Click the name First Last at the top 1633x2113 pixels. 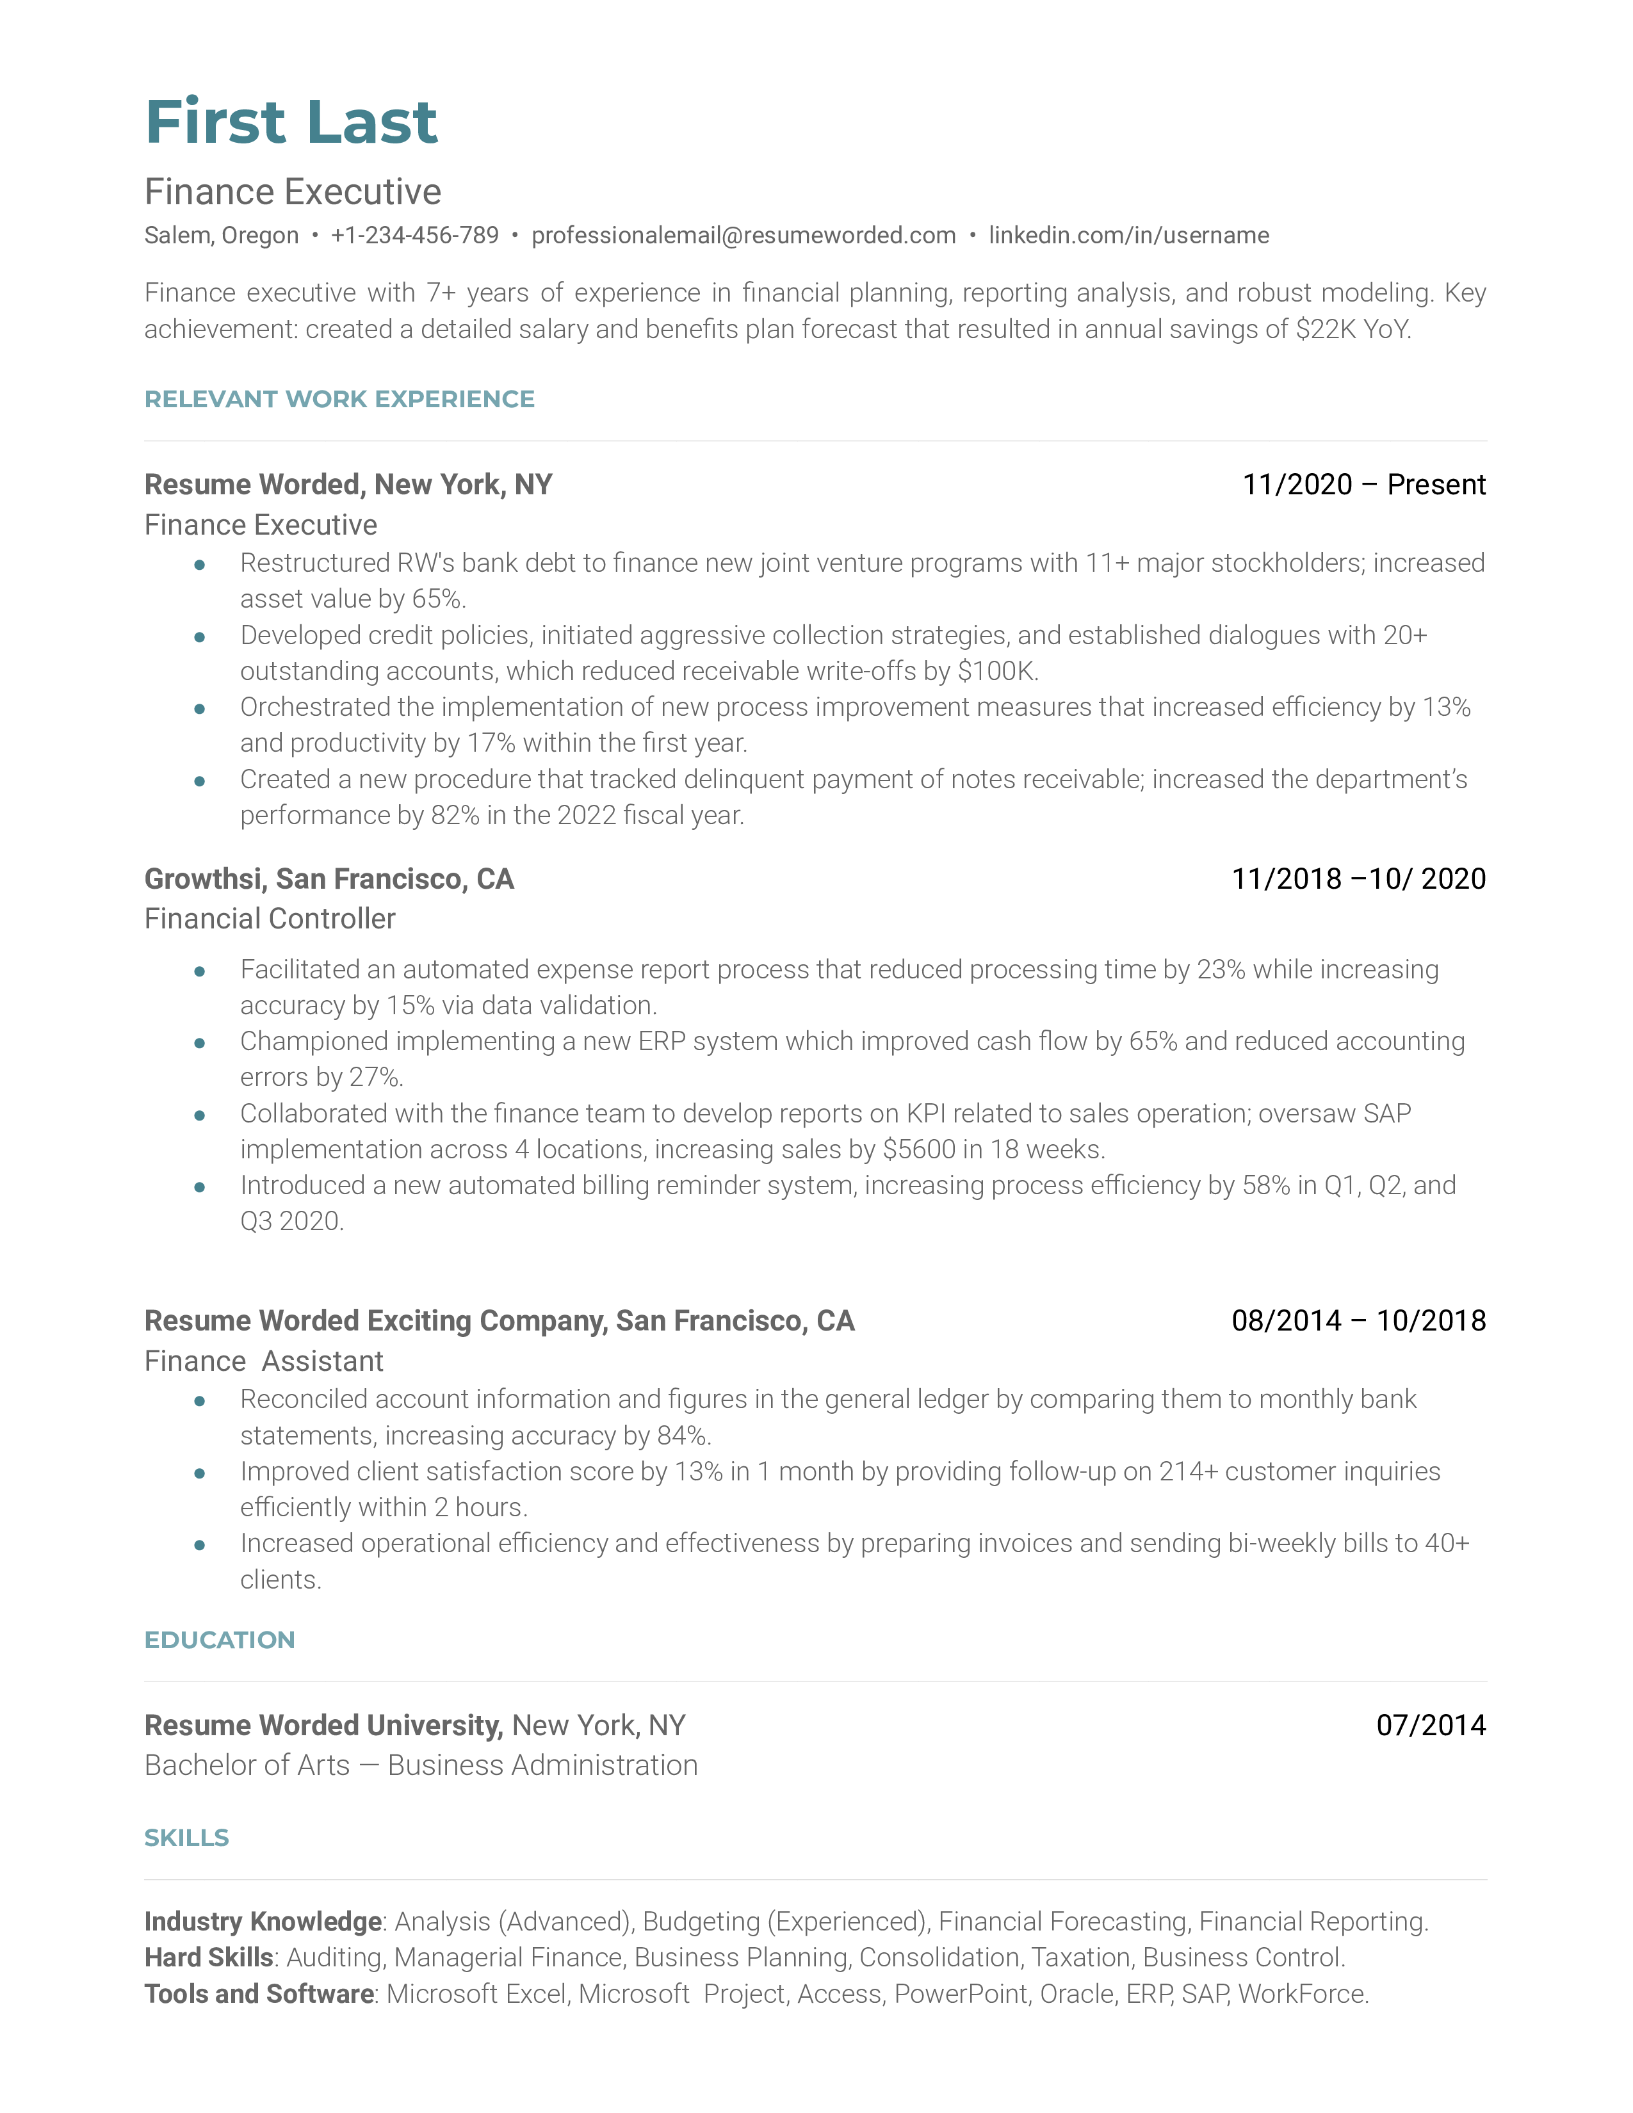pos(291,123)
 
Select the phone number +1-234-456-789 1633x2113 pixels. pos(414,235)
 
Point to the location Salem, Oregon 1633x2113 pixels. pos(222,235)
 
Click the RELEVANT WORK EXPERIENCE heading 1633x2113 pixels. pos(339,399)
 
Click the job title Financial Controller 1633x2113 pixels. pos(270,918)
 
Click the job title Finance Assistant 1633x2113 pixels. pos(264,1361)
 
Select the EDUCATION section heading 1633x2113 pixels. pos(220,1640)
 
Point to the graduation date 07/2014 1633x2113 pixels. pos(1431,1725)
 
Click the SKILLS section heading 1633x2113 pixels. pos(187,1838)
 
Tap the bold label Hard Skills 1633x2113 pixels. pos(209,1957)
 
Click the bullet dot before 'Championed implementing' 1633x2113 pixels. pos(199,1043)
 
